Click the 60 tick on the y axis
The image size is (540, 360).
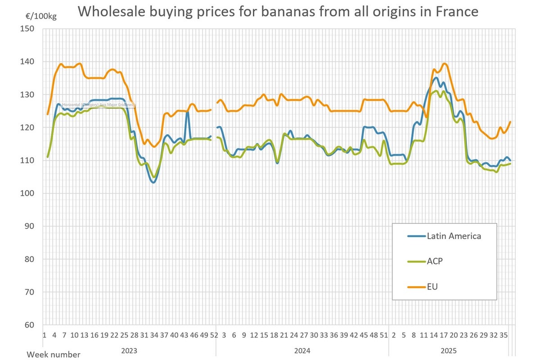click(29, 325)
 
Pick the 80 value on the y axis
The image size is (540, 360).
click(29, 259)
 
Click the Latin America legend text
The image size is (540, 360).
click(454, 236)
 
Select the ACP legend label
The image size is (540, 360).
click(435, 261)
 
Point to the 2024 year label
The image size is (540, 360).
click(302, 350)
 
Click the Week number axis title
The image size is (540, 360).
click(54, 355)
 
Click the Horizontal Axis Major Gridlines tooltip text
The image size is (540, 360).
click(98, 104)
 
